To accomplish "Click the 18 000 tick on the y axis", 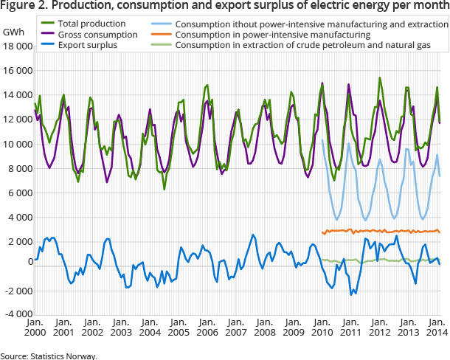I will (16, 46).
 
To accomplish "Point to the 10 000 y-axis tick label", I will (16, 144).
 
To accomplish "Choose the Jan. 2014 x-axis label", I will (435, 328).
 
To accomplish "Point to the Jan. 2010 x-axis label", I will (322, 328).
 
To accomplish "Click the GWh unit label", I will (13, 33).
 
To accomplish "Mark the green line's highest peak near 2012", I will (380, 77).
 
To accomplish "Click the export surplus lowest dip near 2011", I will (352, 294).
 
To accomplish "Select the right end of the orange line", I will (440, 233).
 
